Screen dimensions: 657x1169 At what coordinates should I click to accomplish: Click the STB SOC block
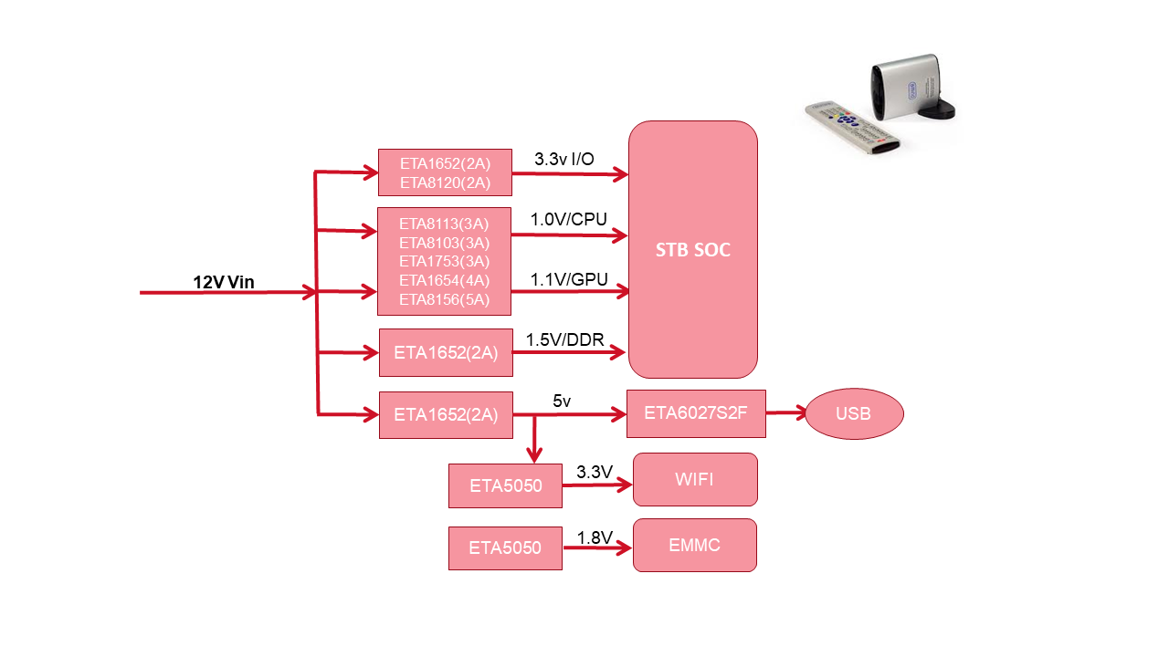(x=693, y=249)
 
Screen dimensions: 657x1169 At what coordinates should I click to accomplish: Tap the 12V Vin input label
(x=224, y=282)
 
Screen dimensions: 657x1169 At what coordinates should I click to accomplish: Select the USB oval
(x=854, y=413)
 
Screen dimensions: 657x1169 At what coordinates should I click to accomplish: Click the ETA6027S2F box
(x=696, y=413)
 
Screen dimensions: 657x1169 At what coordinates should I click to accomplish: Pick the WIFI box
(x=695, y=479)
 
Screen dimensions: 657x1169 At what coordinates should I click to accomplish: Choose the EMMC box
(x=695, y=545)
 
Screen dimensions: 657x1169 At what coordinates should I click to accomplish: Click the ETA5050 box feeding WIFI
(x=505, y=485)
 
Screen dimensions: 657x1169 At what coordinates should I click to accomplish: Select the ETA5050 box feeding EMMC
(x=505, y=547)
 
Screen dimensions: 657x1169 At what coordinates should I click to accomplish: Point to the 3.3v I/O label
(x=564, y=160)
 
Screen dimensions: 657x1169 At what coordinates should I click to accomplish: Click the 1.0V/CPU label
(x=568, y=220)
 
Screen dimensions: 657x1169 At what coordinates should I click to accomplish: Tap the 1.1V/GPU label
(x=569, y=279)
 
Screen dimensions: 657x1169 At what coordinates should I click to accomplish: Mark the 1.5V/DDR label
(x=565, y=339)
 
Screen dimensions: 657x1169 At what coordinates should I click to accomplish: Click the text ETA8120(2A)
(x=445, y=182)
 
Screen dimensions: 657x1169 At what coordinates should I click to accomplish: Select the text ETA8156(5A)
(x=445, y=299)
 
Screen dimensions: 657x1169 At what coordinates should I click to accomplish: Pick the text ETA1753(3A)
(x=445, y=261)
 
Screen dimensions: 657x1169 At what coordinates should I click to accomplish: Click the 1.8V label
(x=595, y=537)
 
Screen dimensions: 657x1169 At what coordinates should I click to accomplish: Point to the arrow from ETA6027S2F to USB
(x=785, y=412)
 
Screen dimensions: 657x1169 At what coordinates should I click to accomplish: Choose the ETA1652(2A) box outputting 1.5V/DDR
(x=446, y=352)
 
